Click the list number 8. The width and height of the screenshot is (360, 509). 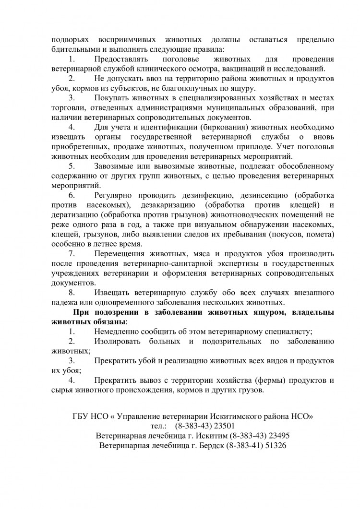(72, 292)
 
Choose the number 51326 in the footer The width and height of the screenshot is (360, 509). (273, 445)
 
